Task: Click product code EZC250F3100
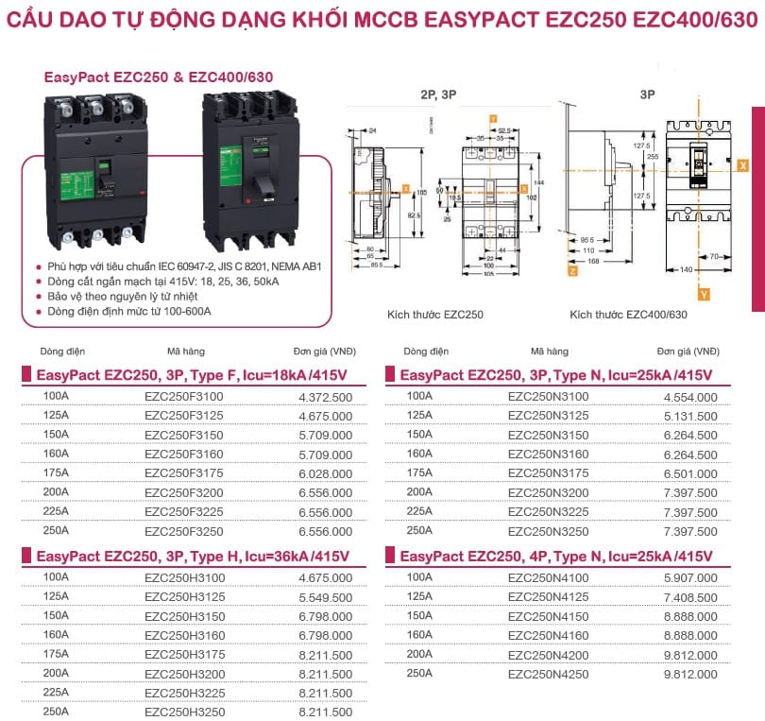184,397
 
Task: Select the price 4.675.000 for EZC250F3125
325,416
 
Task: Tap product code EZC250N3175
548,473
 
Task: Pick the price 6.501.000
689,473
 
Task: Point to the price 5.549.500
325,597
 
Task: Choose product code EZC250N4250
548,674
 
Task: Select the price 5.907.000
689,577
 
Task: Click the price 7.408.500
689,597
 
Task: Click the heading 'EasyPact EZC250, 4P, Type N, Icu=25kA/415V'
550,556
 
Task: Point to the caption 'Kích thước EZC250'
435,314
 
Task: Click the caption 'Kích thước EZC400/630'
628,314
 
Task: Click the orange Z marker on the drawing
572,270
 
